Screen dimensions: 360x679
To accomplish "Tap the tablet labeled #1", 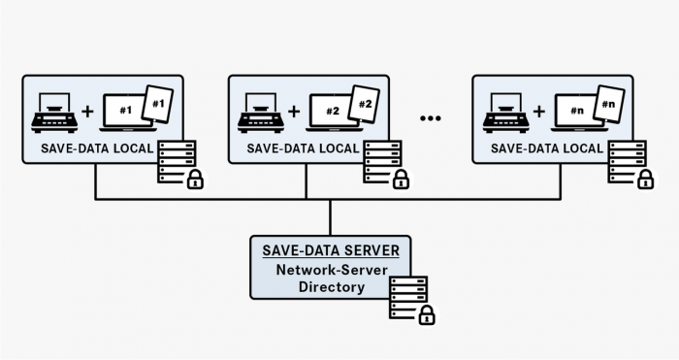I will [x=158, y=104].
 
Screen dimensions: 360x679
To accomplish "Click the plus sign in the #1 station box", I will [x=88, y=112].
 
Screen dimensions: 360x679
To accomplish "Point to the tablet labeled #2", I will [x=366, y=104].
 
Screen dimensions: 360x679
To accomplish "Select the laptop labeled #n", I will [x=575, y=113].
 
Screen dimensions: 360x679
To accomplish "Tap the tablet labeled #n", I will [x=609, y=104].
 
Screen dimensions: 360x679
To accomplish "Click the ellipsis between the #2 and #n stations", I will [x=431, y=117].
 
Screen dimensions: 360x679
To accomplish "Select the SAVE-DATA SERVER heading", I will [x=330, y=250].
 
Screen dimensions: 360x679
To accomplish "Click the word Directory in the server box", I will [x=330, y=287].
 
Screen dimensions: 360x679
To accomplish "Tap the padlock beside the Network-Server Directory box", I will [x=425, y=314].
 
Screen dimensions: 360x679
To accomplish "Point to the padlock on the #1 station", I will [x=194, y=179].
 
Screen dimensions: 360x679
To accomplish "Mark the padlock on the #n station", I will [x=644, y=179].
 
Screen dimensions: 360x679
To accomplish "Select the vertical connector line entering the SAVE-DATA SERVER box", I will [x=330, y=217].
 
